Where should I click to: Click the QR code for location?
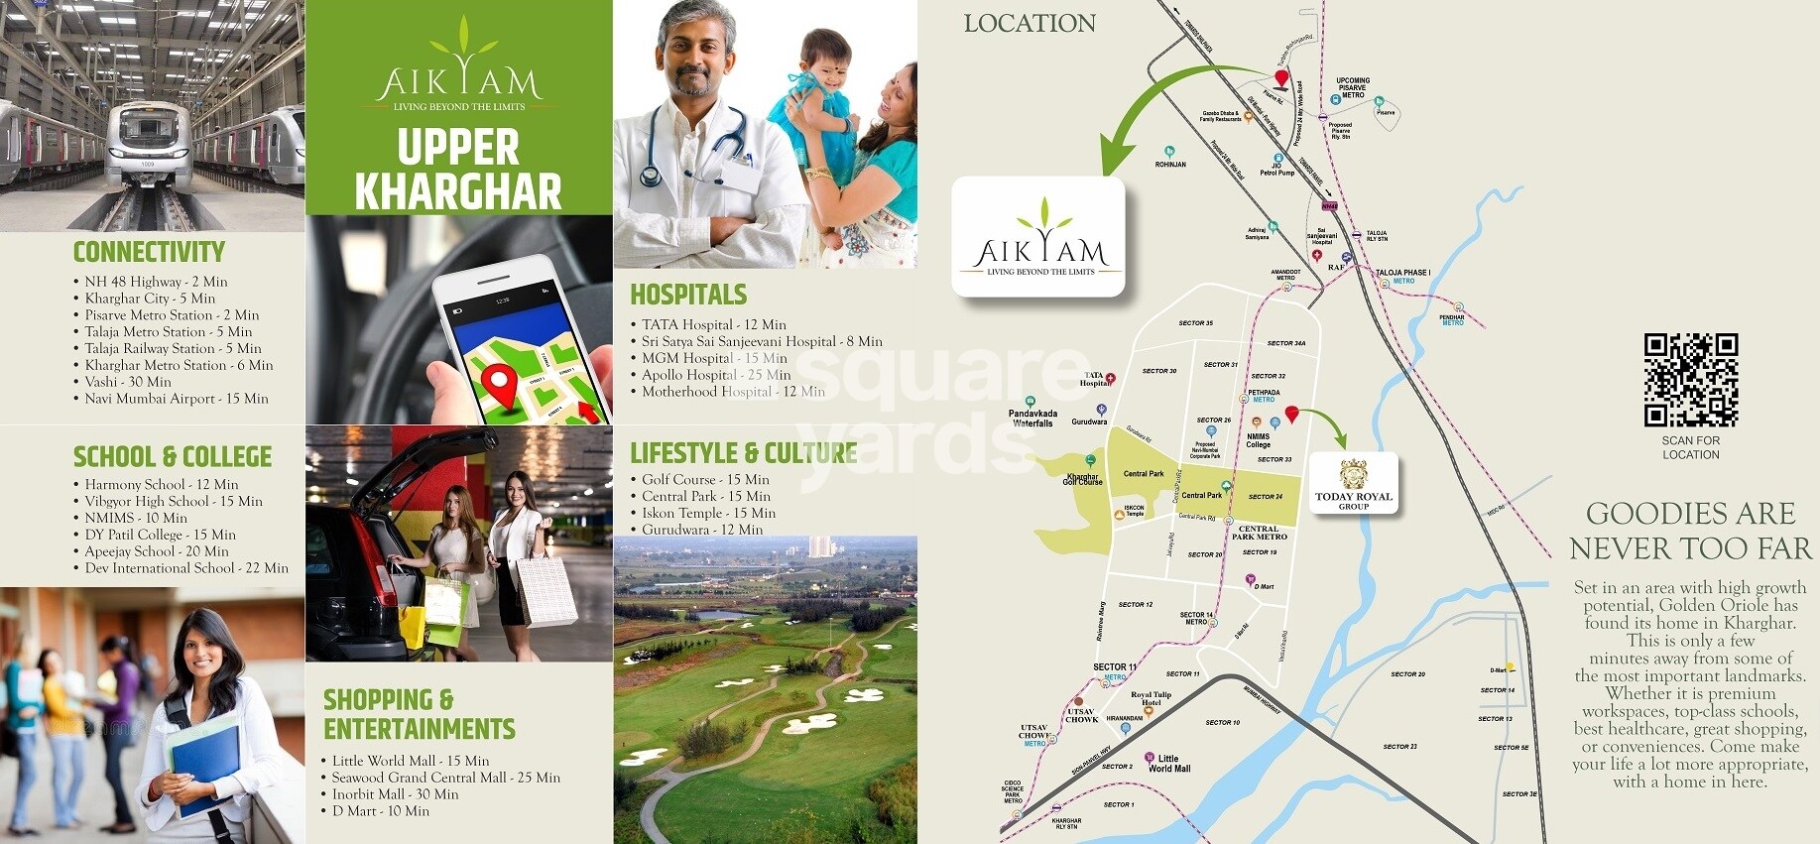coord(1690,379)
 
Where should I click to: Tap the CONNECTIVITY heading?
coord(149,252)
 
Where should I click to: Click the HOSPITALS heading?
coord(688,295)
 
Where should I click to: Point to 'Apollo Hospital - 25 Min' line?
coord(715,375)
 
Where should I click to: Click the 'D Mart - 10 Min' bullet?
coord(380,811)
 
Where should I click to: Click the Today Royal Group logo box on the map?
coord(1354,484)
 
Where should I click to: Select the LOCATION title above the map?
coord(1030,24)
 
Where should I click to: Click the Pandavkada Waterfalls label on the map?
coord(1032,419)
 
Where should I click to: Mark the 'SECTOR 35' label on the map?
coord(1195,323)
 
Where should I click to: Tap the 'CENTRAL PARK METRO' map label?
coord(1259,533)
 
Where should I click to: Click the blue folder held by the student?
coord(204,765)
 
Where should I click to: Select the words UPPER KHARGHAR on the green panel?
coord(458,169)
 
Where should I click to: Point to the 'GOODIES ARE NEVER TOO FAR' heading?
coord(1690,531)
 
